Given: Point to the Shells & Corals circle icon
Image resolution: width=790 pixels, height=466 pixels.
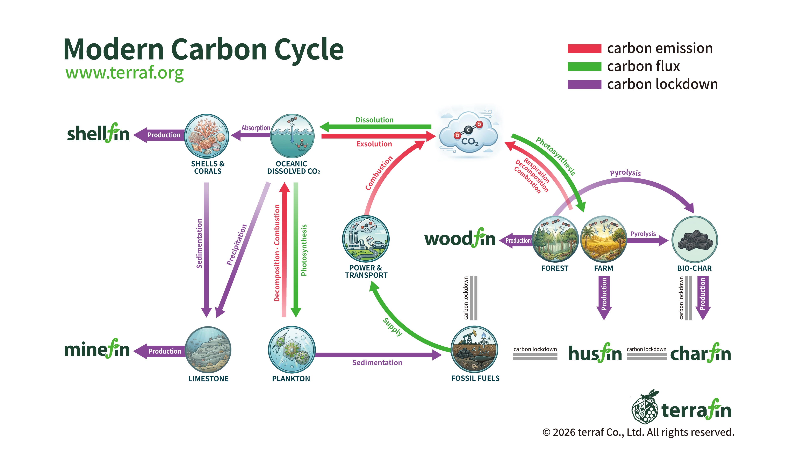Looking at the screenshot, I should (x=207, y=136).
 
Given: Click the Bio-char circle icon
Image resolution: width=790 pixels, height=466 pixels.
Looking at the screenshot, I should (x=694, y=239).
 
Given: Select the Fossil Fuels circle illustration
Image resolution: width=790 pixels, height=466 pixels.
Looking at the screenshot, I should (x=474, y=349).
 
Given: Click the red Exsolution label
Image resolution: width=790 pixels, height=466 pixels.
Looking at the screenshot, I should (x=374, y=144).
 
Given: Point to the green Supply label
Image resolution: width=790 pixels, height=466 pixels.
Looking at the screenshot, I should (x=392, y=327).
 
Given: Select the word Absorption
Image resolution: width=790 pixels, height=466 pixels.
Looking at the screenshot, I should (x=256, y=128).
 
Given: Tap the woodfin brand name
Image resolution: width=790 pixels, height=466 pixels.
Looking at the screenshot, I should (x=460, y=239).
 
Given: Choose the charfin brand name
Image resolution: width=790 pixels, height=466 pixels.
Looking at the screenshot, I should (x=701, y=354).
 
